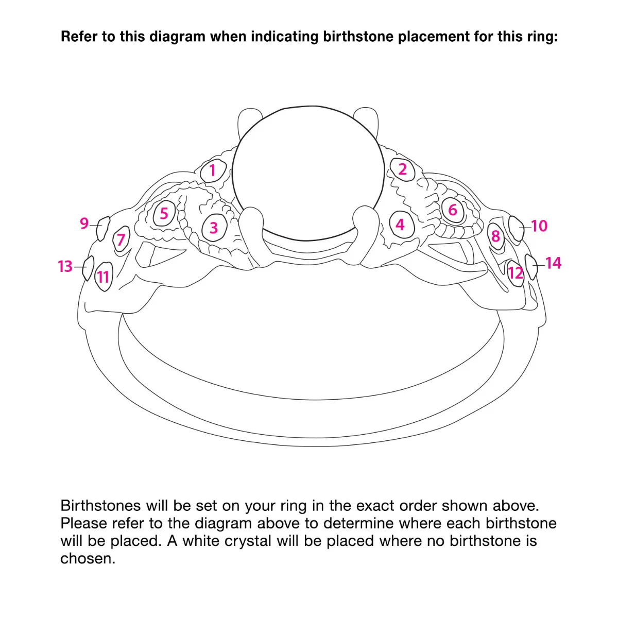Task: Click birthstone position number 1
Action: [x=213, y=170]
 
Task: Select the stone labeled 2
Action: [x=403, y=169]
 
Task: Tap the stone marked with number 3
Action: [x=214, y=228]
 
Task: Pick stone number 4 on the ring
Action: [x=402, y=225]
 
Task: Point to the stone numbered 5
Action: [x=164, y=214]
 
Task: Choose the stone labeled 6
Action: [x=453, y=210]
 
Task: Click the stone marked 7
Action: [x=121, y=239]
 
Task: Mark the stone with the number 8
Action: [x=496, y=236]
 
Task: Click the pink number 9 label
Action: [x=84, y=223]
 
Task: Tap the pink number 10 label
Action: [x=539, y=226]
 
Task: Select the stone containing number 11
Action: [x=104, y=277]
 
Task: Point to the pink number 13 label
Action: [x=65, y=266]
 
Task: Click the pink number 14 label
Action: [x=553, y=263]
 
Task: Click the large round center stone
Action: [x=308, y=173]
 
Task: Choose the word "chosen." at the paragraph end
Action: [x=88, y=559]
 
